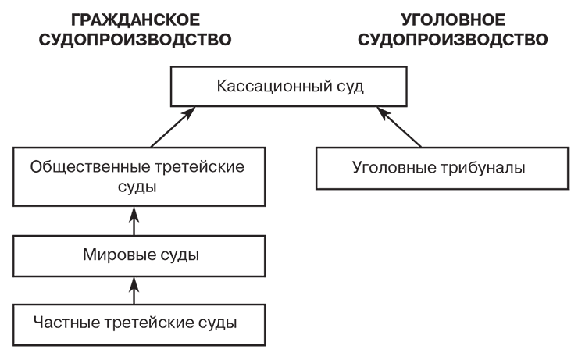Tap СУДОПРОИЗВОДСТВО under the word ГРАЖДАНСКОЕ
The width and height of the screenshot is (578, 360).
point(135,39)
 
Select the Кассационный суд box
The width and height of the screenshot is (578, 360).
point(291,87)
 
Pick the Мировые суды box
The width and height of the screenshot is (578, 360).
point(135,255)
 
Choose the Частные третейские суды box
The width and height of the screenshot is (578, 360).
point(135,321)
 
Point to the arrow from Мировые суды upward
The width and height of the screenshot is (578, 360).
point(135,221)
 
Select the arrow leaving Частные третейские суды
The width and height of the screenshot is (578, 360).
point(135,288)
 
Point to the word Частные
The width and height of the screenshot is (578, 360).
point(60,321)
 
